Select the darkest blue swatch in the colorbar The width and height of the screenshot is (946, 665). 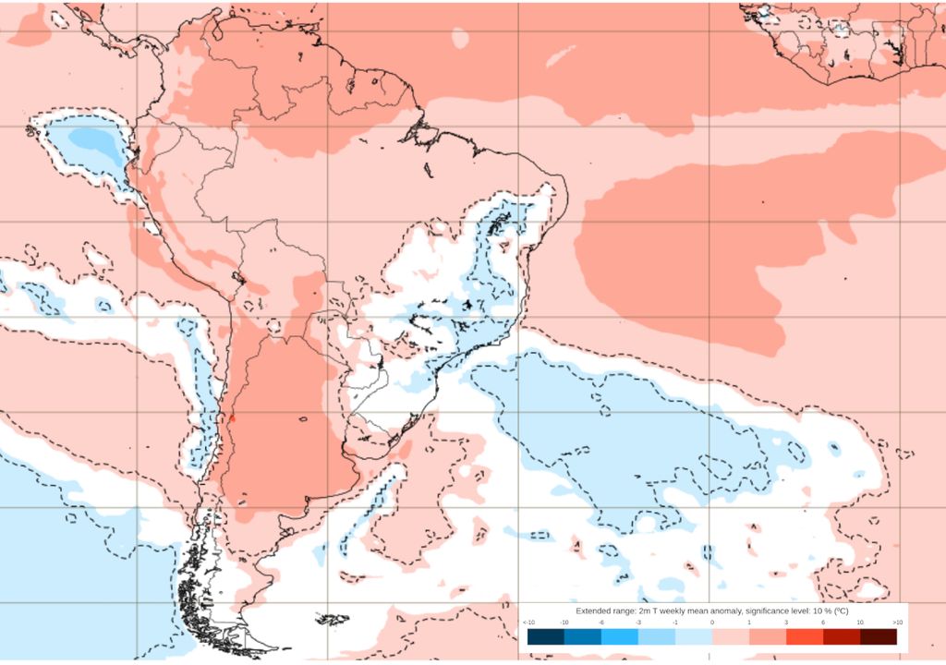pos(545,636)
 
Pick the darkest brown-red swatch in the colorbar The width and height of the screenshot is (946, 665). pos(878,636)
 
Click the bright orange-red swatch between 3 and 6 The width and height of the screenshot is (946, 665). pos(805,636)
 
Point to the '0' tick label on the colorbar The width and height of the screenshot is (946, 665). pos(711,623)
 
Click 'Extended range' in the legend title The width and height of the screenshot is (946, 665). pos(605,611)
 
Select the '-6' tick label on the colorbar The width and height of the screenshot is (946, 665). pos(601,623)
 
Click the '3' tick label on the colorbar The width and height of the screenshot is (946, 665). pos(786,623)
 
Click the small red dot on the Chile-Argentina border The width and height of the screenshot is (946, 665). pos(233,417)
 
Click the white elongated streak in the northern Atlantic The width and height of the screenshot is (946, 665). pos(560,56)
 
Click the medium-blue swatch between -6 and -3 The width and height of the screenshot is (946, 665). pos(619,636)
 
